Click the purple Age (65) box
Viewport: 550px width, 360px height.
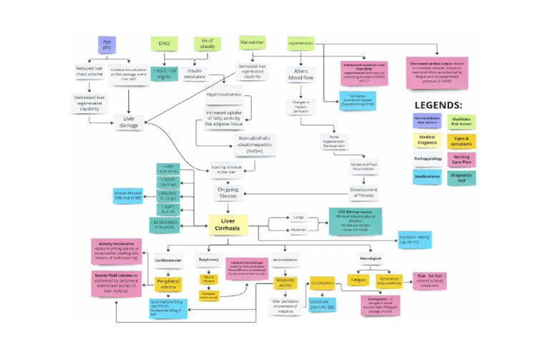point(107,44)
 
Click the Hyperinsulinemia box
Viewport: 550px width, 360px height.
point(223,94)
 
